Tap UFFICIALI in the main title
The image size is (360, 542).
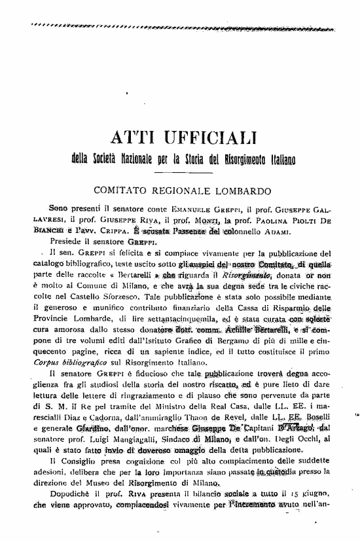coord(207,137)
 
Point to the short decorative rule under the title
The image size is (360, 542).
coord(179,173)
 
